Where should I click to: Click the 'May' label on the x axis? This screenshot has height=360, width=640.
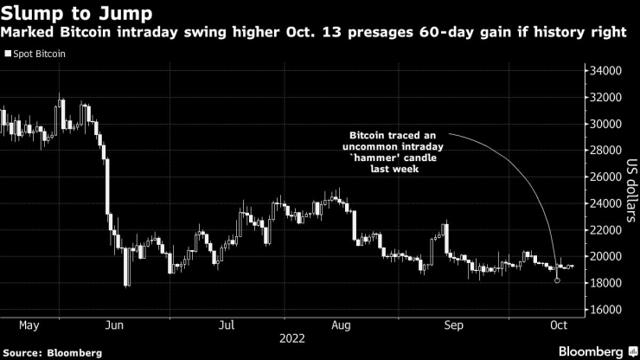29,326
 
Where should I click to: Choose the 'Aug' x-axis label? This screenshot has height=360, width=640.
340,326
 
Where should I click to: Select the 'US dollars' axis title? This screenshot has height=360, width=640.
631,190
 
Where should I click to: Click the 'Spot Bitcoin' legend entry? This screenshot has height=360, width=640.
40,54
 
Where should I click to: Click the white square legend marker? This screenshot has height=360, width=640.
8,54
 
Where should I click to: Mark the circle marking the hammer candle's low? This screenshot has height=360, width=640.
557,280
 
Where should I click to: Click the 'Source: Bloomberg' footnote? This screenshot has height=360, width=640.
52,353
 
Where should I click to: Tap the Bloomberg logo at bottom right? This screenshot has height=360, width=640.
590,351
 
